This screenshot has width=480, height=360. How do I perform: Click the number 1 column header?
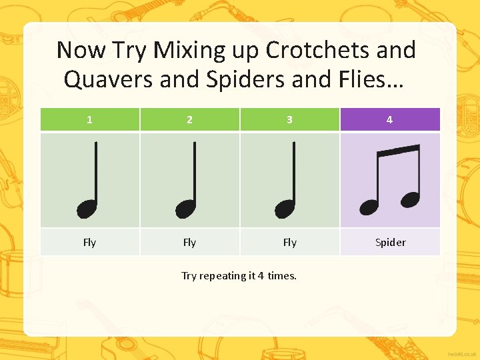pos(89,120)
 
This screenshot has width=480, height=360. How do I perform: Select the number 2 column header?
pos(189,120)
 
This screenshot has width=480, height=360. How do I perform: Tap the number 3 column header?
pos(289,120)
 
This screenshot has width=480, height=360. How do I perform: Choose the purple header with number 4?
pos(389,120)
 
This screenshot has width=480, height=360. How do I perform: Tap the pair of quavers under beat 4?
pos(391,179)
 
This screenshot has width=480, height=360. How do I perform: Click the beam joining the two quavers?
pos(398,151)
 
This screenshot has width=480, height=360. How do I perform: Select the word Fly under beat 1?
pos(89,243)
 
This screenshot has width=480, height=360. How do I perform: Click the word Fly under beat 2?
pos(189,243)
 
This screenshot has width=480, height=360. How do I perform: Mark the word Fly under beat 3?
pos(289,243)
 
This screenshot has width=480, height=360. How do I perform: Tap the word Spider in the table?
pos(390,243)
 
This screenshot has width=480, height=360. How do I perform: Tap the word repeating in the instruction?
pos(223,276)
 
